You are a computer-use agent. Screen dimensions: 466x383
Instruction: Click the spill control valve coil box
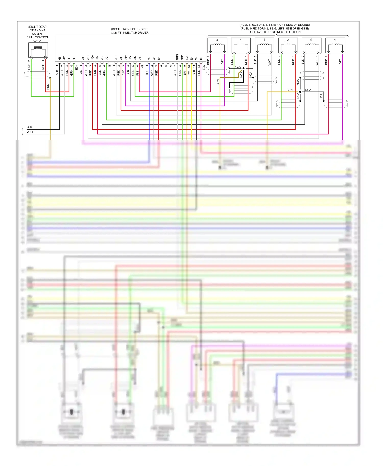point(38,50)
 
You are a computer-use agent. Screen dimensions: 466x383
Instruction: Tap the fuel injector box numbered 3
point(217,45)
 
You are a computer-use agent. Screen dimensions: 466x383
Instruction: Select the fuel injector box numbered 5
point(264,45)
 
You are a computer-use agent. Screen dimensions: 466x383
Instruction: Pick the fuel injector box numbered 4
point(335,45)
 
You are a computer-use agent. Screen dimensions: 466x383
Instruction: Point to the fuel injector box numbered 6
point(311,45)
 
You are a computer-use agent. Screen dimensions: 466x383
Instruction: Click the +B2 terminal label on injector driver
point(64,58)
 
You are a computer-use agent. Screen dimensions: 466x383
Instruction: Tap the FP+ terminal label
point(69,58)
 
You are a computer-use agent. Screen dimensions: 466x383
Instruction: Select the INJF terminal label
point(187,58)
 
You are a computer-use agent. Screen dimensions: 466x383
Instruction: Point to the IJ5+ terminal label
point(116,58)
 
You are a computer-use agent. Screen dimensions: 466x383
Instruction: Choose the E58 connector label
point(76,68)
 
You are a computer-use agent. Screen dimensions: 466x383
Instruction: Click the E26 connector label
point(204,68)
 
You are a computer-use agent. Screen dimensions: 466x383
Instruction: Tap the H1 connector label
point(142,67)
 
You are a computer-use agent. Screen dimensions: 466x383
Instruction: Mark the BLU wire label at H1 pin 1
point(147,72)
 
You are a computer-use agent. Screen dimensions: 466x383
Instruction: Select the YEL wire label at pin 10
point(189,72)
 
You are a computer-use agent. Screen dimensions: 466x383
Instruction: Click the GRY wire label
point(152,73)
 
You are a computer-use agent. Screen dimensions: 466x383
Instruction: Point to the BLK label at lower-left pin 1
point(29,127)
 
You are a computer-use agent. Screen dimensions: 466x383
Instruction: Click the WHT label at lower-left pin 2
point(30,132)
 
